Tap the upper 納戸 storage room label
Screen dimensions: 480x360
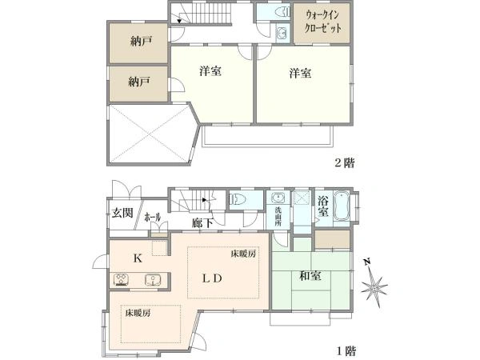(141, 41)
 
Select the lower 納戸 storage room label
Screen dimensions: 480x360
(139, 82)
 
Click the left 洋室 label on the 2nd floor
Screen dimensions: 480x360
(210, 71)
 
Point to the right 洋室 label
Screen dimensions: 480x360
(300, 74)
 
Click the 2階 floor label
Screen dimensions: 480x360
(345, 162)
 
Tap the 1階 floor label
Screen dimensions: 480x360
(346, 350)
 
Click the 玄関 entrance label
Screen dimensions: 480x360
(122, 213)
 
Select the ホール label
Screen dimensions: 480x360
(153, 218)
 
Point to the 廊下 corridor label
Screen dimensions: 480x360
(202, 223)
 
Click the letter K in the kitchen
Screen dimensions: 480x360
(138, 258)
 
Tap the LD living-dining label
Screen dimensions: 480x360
(212, 278)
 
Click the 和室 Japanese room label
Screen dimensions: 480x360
(310, 276)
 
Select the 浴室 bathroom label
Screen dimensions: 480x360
(323, 206)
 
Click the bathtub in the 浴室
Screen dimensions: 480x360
(342, 206)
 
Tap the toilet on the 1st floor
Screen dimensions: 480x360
(238, 199)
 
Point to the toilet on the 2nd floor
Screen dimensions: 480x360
(282, 12)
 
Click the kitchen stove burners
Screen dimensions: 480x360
(122, 280)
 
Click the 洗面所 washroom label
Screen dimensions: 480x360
(278, 217)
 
